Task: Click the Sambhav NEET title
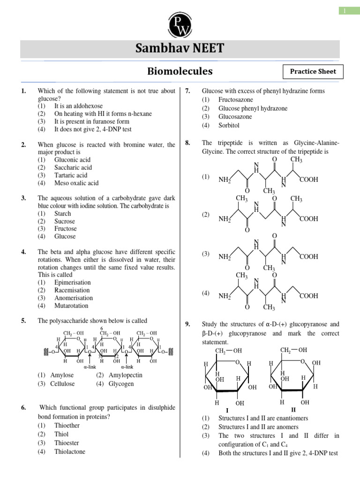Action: (180, 48)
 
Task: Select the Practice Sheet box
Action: (313, 72)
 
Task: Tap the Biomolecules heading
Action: (180, 71)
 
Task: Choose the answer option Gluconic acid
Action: (73, 160)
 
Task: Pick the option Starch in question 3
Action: (62, 214)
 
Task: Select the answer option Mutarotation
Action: (71, 306)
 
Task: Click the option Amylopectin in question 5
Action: (125, 375)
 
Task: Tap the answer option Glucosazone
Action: (235, 117)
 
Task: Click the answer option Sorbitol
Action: (229, 126)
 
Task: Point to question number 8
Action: (187, 143)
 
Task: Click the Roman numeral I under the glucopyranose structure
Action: (227, 409)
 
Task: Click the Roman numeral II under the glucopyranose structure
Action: (293, 409)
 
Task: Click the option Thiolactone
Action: (70, 452)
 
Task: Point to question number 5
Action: (23, 321)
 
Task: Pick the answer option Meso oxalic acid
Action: (76, 183)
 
